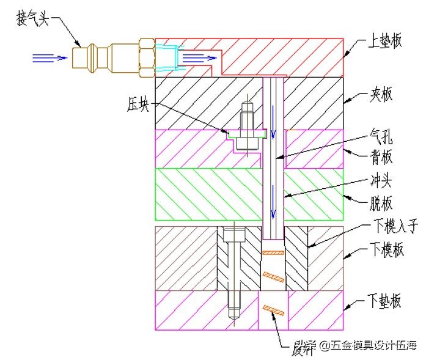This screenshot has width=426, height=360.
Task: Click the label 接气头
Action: tap(35, 18)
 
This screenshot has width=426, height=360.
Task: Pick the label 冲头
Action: tap(382, 181)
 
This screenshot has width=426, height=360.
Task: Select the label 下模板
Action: tap(386, 251)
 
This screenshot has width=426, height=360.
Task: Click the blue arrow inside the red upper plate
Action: tap(199, 58)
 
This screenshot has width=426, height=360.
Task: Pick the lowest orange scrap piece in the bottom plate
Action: tap(273, 310)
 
